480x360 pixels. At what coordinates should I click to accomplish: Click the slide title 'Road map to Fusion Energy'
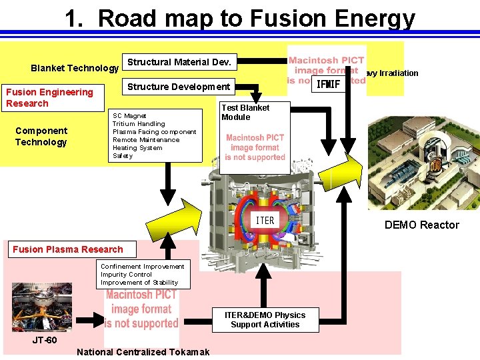pos(240,18)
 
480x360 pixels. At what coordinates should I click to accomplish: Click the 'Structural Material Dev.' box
pos(179,63)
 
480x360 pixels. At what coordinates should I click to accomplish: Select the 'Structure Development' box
pos(179,87)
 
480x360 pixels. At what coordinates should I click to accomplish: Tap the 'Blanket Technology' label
pos(75,68)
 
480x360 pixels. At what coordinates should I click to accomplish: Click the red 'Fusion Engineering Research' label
pos(49,97)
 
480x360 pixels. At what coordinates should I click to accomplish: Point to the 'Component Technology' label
pos(41,136)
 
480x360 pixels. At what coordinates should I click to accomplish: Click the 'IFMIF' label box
pos(329,85)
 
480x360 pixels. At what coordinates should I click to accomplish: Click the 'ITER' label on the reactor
pos(265,220)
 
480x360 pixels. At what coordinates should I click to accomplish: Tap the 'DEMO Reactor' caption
pos(421,225)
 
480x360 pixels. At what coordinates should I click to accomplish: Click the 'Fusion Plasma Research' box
pos(68,249)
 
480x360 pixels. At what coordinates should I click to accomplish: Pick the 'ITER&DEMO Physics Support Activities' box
pos(265,320)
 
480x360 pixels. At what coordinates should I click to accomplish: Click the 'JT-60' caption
pos(45,340)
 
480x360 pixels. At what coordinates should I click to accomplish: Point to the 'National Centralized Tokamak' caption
pos(143,352)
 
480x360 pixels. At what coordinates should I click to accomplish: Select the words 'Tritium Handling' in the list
pos(139,124)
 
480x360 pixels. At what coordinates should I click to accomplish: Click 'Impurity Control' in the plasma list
pos(127,274)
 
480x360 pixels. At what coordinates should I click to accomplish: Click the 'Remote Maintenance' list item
pos(146,140)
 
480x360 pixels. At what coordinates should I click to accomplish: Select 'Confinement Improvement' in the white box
pos(142,266)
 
